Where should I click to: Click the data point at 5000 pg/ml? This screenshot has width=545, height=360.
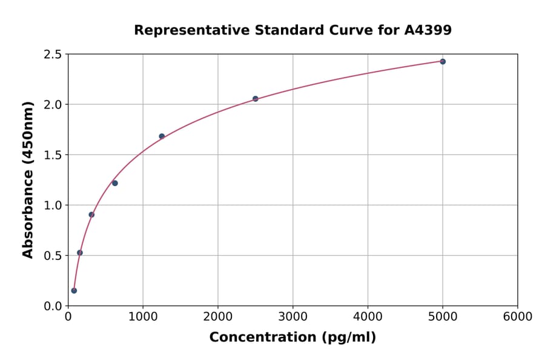click(x=443, y=62)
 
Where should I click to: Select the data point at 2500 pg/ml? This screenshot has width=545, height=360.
click(x=256, y=99)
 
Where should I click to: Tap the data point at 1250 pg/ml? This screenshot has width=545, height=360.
click(x=162, y=136)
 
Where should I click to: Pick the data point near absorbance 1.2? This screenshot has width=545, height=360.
click(x=115, y=183)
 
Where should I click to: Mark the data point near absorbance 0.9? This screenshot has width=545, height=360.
click(x=91, y=215)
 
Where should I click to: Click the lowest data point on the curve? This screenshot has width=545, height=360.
click(x=74, y=290)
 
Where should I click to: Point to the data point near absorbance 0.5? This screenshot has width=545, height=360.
click(x=80, y=253)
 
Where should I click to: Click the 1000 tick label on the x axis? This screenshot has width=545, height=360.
click(x=143, y=317)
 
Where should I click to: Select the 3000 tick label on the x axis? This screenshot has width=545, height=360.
click(x=292, y=317)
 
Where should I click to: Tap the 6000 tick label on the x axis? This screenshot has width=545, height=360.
click(x=517, y=317)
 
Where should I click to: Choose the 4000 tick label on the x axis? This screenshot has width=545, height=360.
click(x=368, y=317)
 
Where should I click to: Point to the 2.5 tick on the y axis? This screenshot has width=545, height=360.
click(x=53, y=55)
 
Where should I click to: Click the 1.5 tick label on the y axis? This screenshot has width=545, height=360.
click(x=53, y=155)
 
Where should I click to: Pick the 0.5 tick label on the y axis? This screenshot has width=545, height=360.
click(x=53, y=256)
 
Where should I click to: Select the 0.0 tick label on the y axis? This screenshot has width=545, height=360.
click(x=53, y=306)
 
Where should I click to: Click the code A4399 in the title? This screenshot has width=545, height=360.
click(x=428, y=30)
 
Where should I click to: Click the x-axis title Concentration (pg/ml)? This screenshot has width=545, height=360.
click(x=292, y=338)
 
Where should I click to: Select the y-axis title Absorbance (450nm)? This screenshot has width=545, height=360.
click(x=28, y=179)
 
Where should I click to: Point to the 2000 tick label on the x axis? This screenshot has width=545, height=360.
click(x=218, y=317)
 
